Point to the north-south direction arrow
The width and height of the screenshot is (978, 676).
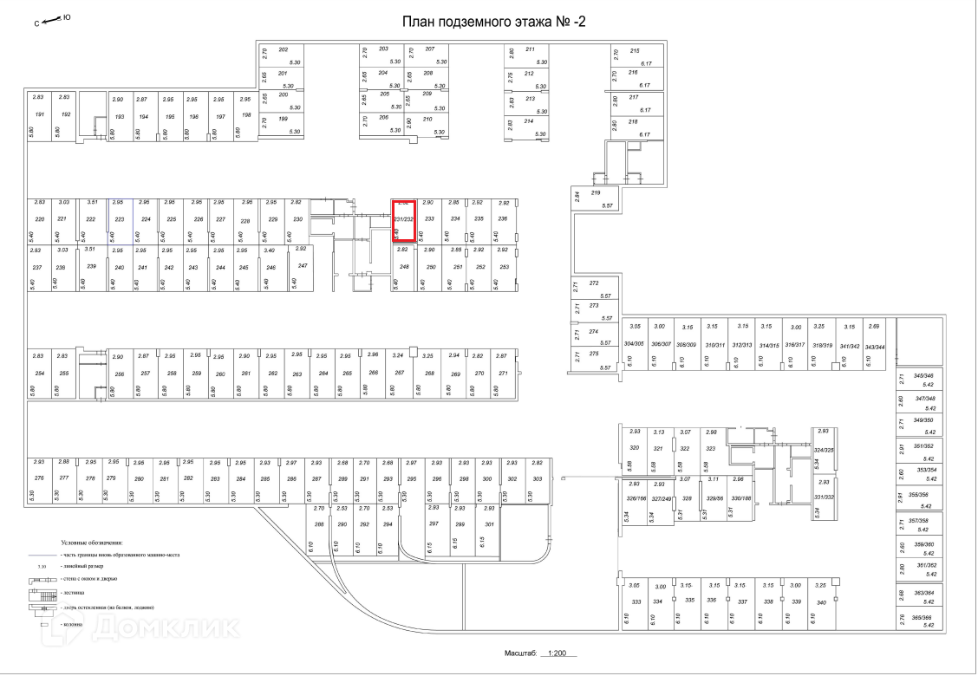click(x=53, y=17)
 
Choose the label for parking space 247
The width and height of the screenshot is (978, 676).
click(x=303, y=265)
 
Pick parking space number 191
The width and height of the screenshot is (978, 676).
click(x=38, y=115)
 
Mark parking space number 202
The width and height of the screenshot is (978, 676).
click(x=283, y=49)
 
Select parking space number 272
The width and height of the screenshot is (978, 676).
click(x=594, y=283)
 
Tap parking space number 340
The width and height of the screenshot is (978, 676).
click(x=820, y=601)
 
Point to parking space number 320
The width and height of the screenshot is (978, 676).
click(x=634, y=448)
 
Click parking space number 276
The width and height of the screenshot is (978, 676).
click(x=38, y=478)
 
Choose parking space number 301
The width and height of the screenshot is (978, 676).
click(x=489, y=524)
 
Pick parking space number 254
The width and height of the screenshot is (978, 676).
click(x=38, y=374)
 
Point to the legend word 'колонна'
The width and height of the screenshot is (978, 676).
click(x=72, y=624)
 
